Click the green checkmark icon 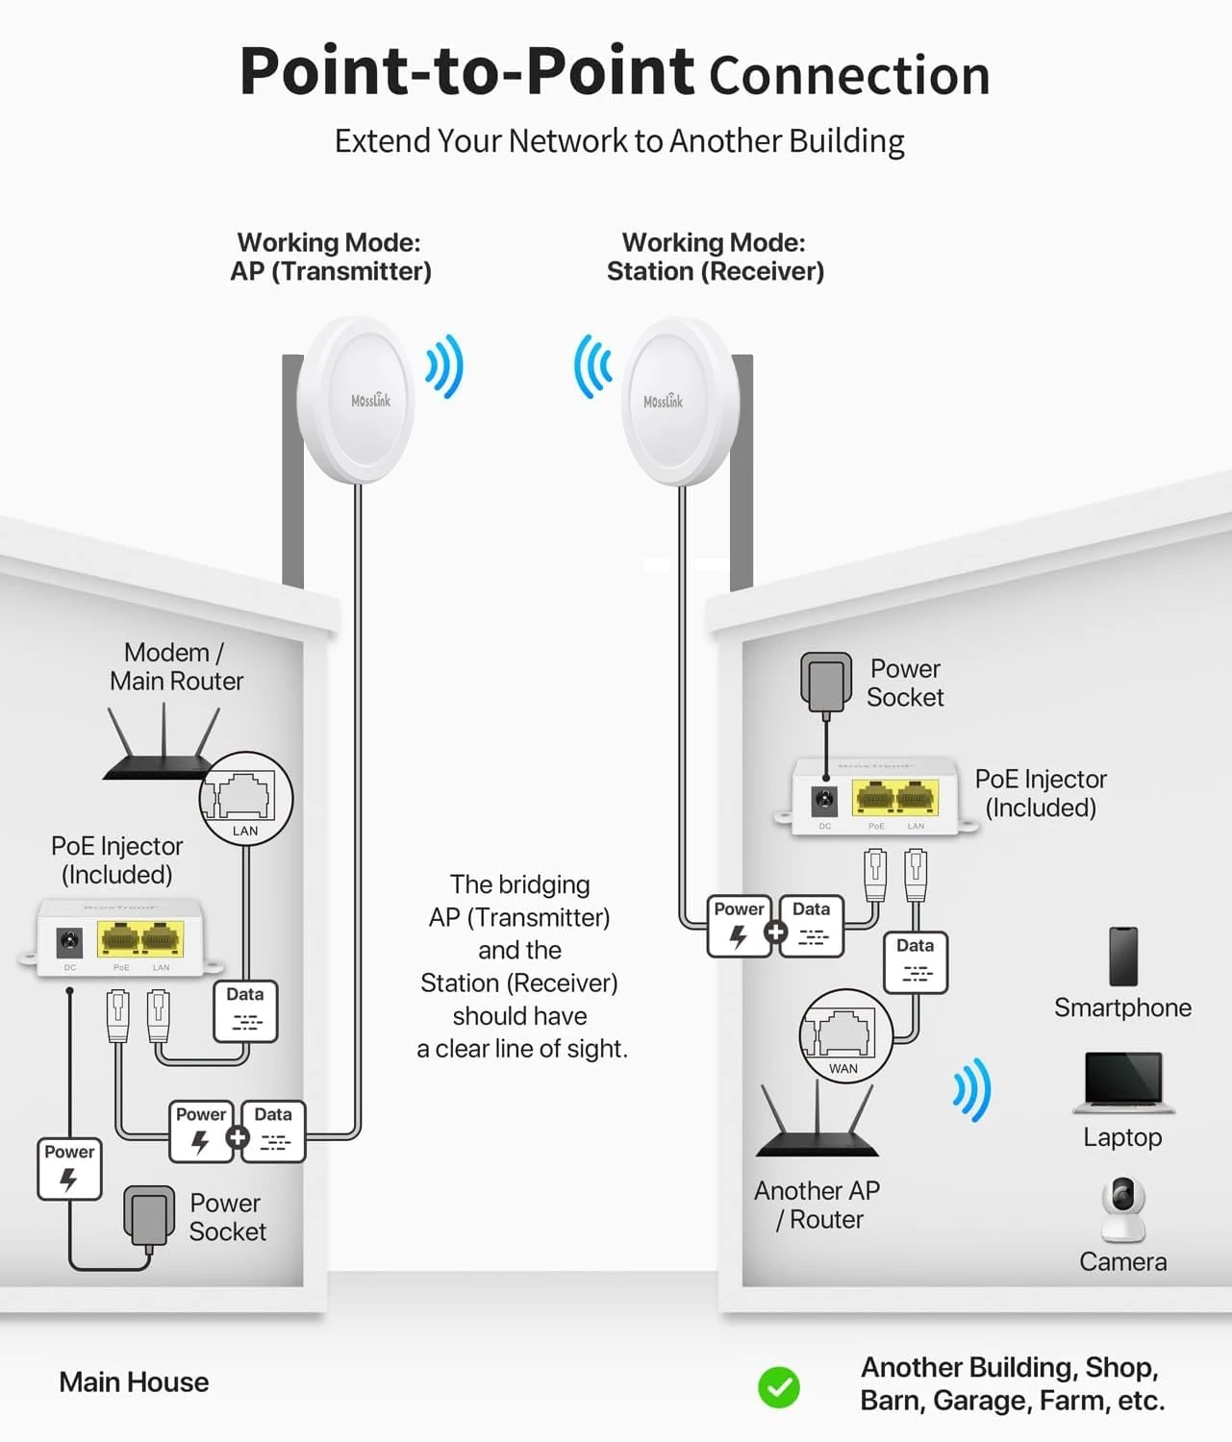click(x=778, y=1387)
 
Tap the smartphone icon click(x=1122, y=957)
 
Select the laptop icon click(x=1123, y=1081)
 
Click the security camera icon click(x=1122, y=1208)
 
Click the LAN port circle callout click(x=246, y=799)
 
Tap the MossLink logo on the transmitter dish click(x=370, y=400)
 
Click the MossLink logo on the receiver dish click(x=663, y=401)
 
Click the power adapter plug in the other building click(x=826, y=681)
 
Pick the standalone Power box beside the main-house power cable click(x=69, y=1169)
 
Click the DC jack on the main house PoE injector click(x=69, y=942)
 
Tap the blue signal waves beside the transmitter click(x=445, y=366)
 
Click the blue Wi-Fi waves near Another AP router click(x=971, y=1089)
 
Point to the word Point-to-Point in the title click(x=466, y=71)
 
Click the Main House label click(x=134, y=1381)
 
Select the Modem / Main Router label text click(x=176, y=666)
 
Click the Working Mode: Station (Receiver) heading click(x=715, y=257)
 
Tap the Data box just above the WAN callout click(x=915, y=961)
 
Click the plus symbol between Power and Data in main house click(x=237, y=1138)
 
